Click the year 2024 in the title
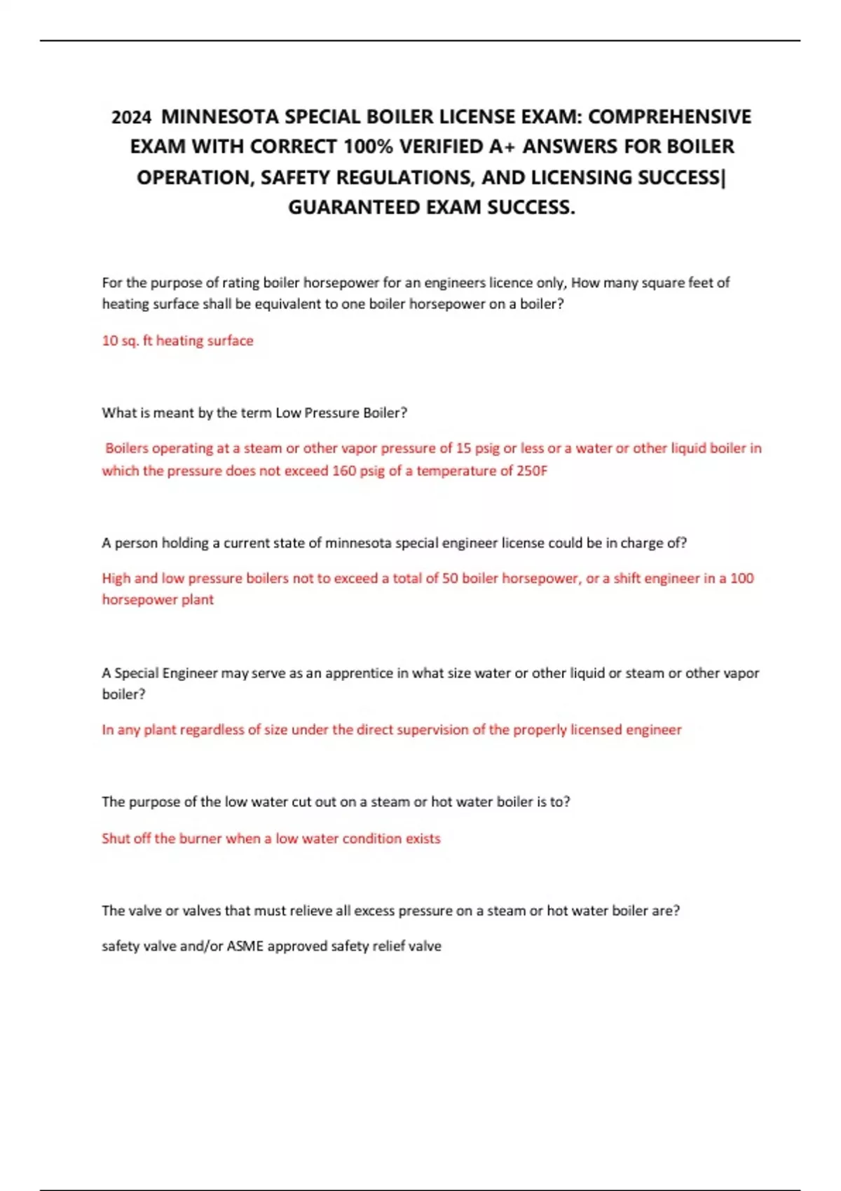click(131, 117)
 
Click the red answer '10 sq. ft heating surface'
click(177, 340)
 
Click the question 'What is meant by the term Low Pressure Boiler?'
click(254, 413)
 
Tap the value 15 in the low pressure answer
click(463, 448)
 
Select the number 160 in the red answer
click(344, 471)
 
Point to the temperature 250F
click(532, 471)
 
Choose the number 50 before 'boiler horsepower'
click(450, 579)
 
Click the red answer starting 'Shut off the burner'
click(271, 839)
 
